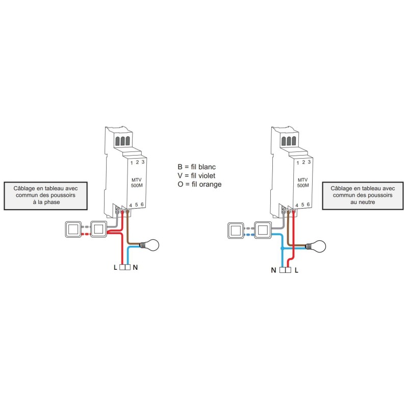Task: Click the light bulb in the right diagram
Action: pos(316,246)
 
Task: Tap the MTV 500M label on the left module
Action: pos(137,183)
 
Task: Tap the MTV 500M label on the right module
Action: pos(303,183)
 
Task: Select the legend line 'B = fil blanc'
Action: pos(197,167)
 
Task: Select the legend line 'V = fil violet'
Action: pos(196,175)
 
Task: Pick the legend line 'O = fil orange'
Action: pos(199,184)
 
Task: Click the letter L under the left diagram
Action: pos(115,267)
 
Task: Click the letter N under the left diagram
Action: pos(135,267)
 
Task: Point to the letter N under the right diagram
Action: pos(273,270)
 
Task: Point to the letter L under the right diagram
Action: pos(296,270)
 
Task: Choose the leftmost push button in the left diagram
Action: pos(73,229)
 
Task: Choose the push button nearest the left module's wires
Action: pos(98,229)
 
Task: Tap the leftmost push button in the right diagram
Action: pos(236,231)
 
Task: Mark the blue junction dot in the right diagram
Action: pos(282,248)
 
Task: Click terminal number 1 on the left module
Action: pos(132,163)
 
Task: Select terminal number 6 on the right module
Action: pos(309,205)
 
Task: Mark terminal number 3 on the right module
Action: pos(309,162)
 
